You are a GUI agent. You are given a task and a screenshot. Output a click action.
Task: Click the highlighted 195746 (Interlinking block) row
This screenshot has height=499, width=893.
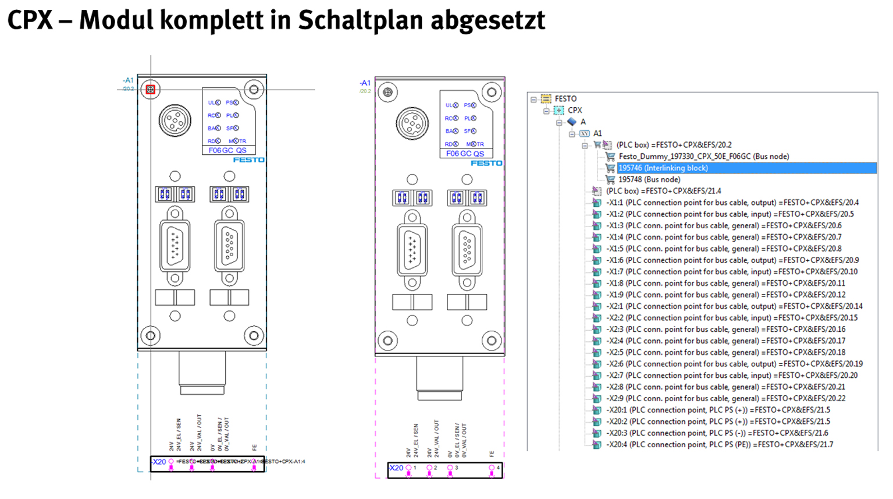point(663,168)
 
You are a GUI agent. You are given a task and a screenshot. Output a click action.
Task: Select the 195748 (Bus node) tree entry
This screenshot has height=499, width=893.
point(649,179)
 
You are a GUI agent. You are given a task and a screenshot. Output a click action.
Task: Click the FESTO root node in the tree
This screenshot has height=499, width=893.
point(565,99)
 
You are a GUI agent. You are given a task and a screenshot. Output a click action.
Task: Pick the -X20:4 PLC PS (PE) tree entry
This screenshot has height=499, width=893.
point(719,444)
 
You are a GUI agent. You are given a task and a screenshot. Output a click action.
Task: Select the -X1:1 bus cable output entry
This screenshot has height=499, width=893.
point(732,203)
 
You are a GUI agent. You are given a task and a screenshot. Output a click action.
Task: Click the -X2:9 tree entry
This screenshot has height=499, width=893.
point(725,398)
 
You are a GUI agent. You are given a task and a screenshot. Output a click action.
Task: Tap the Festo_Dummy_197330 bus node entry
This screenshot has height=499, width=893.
point(703,156)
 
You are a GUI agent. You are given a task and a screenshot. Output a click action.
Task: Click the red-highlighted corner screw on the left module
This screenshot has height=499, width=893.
point(151,89)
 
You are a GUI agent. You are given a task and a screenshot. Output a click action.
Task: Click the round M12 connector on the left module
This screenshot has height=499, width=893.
point(175,121)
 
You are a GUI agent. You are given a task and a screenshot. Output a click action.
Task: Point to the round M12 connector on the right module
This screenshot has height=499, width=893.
point(412,123)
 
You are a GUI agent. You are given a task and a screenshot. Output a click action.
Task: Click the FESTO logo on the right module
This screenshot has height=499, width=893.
point(486,163)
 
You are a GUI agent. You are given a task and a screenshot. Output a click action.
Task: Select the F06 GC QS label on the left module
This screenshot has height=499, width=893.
point(227,150)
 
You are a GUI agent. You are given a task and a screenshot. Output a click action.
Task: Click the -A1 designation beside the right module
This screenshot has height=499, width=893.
point(365,83)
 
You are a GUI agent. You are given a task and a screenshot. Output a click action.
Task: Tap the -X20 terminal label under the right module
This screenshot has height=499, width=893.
point(396,468)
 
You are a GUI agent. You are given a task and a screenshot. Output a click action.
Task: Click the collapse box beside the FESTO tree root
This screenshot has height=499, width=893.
point(533,99)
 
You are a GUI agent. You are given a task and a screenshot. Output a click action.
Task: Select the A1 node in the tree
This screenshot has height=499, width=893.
point(597,133)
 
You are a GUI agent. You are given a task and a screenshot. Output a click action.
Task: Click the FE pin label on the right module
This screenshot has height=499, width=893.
point(492,454)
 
